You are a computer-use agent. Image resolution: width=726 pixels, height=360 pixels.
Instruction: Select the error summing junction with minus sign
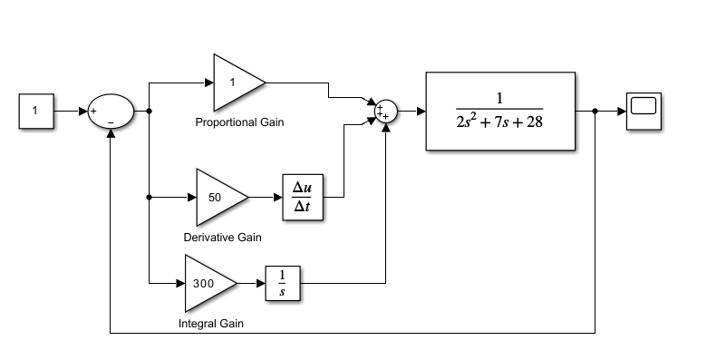tap(111, 112)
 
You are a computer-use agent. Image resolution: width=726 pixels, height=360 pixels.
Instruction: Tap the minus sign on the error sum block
tap(111, 122)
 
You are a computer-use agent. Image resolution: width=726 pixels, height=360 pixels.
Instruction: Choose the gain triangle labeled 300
tap(208, 283)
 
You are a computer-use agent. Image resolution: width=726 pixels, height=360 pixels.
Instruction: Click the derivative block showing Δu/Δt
tap(303, 197)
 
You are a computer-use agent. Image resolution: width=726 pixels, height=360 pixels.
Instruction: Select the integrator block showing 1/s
tap(283, 283)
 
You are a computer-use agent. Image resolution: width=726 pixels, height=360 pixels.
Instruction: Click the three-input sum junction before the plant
tap(387, 112)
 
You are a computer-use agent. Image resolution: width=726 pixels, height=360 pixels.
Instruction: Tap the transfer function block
tap(500, 111)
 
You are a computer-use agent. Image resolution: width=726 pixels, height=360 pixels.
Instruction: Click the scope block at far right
tap(644, 111)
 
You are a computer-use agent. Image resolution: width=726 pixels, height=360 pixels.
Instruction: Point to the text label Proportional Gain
tap(239, 122)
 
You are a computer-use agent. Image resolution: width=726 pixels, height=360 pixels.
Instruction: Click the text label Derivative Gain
tap(222, 238)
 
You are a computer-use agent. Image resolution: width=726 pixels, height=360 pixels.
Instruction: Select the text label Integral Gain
tap(210, 323)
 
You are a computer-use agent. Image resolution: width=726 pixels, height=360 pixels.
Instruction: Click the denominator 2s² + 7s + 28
tap(500, 122)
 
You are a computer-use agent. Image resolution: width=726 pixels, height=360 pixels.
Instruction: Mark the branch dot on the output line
tap(595, 112)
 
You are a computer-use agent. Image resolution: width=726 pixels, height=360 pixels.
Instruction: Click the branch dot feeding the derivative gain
tap(148, 197)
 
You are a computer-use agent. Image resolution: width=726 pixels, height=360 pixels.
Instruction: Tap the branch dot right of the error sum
tap(148, 112)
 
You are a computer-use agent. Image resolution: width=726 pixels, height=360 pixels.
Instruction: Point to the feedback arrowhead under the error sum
tap(111, 132)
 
